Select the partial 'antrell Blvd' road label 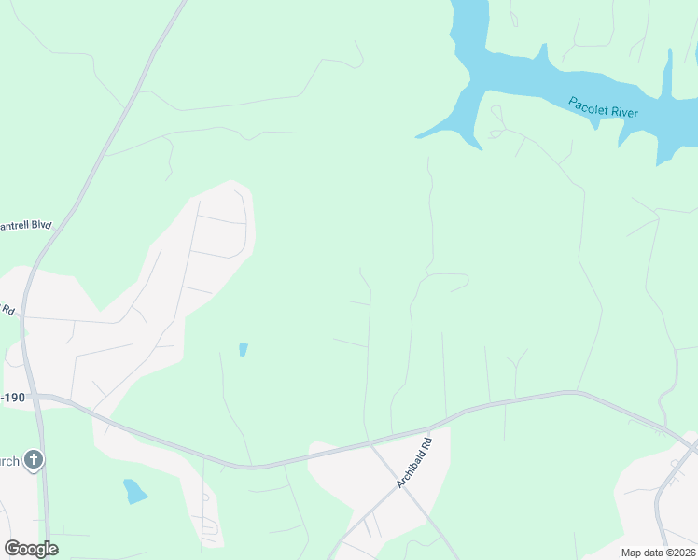click(x=26, y=226)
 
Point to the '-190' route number click(x=13, y=398)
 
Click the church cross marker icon click(x=34, y=459)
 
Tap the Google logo click(x=31, y=549)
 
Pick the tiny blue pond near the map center click(x=244, y=349)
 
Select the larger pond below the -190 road click(x=135, y=490)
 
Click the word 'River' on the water click(x=623, y=111)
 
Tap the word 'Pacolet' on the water click(x=588, y=103)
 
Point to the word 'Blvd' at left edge click(x=39, y=225)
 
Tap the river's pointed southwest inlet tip click(x=417, y=136)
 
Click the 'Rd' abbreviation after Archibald click(x=427, y=443)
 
